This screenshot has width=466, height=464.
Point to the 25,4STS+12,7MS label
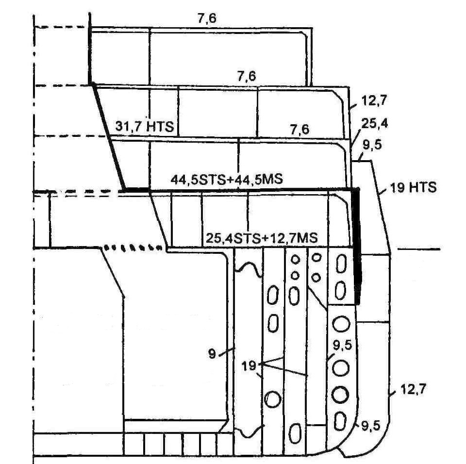pos(262,238)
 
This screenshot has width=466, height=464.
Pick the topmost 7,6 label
pos(206,18)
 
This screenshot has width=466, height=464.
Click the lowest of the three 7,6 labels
pos(299,130)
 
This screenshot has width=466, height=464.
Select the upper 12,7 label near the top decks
pos(374,101)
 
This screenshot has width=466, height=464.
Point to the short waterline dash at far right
pos(419,249)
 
